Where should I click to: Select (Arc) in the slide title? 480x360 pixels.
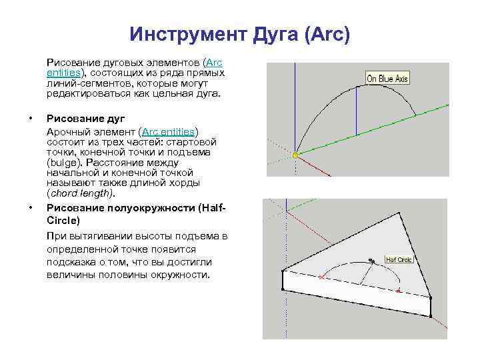coord(326,33)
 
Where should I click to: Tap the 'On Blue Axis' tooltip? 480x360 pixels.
coord(387,79)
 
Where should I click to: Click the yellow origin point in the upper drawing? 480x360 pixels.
coord(294,155)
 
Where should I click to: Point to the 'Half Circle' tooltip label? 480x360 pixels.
coord(399,259)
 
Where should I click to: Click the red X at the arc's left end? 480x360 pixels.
coord(322,277)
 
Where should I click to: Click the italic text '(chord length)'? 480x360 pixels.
coord(81,193)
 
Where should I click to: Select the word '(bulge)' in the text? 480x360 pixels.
coord(61,162)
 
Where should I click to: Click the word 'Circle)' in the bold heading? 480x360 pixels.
coord(63,219)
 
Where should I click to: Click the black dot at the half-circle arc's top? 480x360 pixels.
coord(371,260)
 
